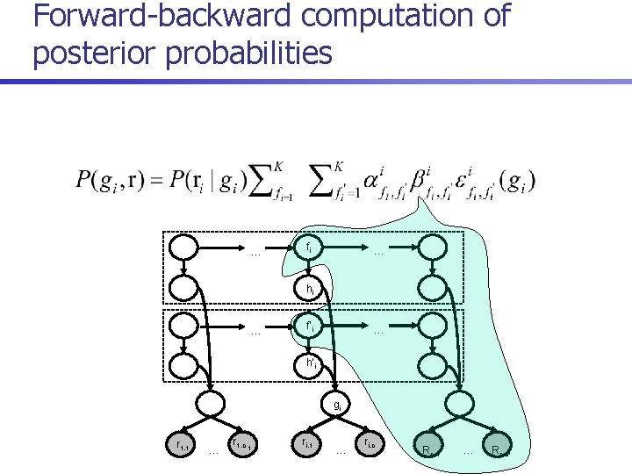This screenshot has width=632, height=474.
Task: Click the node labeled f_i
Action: point(308,248)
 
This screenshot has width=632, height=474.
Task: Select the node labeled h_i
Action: point(308,287)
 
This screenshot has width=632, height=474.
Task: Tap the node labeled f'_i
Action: point(308,326)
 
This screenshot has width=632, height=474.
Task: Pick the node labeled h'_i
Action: point(308,363)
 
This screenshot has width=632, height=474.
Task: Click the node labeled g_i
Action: point(335,405)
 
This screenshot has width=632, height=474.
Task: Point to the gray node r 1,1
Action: point(182,446)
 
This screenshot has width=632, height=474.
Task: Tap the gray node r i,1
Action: point(307,446)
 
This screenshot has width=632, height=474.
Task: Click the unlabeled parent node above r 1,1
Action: point(212,405)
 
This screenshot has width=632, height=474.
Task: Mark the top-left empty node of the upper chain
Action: point(184,248)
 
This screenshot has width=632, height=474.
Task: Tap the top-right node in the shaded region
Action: point(432,248)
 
